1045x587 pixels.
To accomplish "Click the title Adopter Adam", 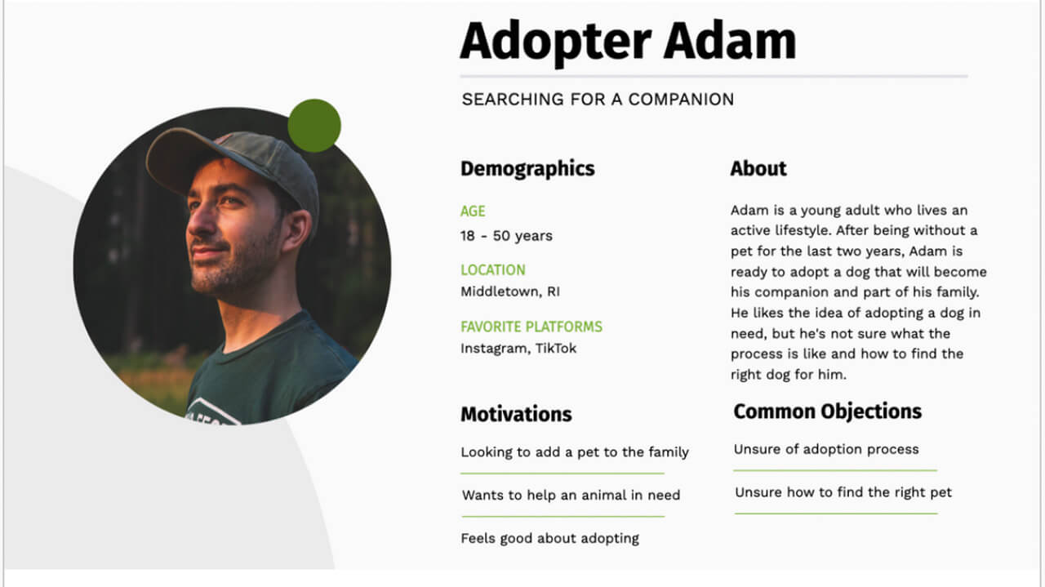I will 627,41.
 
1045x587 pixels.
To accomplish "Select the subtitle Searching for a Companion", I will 598,100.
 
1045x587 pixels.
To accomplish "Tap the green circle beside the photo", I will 314,125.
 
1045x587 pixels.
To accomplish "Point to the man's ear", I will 296,232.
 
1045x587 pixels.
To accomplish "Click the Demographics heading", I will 527,169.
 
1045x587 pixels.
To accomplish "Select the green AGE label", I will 473,211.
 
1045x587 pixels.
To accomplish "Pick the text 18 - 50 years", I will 506,236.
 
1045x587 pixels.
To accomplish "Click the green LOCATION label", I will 492,270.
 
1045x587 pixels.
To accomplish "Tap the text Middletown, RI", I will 510,291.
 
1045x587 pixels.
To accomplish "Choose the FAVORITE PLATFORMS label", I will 531,327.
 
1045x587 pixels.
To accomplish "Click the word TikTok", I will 556,349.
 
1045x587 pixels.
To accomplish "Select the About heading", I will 758,169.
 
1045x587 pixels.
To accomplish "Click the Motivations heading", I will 516,414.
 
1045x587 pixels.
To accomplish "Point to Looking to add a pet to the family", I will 575,452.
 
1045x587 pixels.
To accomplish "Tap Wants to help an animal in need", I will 571,495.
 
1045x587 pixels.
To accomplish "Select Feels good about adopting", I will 549,538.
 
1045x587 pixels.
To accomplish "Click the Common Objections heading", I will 827,411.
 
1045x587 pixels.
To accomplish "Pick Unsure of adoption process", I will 825,449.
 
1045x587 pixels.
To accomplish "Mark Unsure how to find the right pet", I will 843,492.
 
